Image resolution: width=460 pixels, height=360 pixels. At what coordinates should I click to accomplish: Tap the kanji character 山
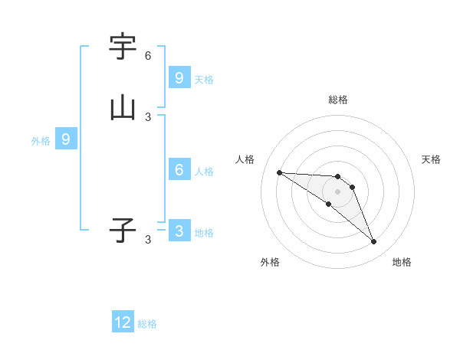(123, 107)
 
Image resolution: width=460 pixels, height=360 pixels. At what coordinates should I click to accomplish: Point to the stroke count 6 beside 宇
(148, 56)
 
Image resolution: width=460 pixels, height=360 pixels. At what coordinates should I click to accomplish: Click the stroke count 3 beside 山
(148, 117)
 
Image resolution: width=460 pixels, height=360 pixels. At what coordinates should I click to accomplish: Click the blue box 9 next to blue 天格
(179, 78)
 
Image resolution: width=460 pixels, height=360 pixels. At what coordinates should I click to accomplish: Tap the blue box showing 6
(179, 170)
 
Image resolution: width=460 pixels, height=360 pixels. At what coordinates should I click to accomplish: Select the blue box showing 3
(179, 231)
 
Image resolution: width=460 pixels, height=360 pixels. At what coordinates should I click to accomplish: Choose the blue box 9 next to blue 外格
(66, 139)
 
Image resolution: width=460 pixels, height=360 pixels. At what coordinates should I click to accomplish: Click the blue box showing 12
(123, 322)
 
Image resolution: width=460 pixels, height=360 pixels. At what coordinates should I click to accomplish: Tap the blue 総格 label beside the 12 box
(147, 324)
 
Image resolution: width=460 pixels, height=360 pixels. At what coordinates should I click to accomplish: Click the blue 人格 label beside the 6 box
(204, 171)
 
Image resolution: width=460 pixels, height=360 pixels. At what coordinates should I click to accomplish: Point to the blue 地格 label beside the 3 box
(204, 233)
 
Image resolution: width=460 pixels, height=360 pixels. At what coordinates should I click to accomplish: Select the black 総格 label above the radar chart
(338, 100)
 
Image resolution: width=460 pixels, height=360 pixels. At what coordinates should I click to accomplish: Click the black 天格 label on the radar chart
(431, 159)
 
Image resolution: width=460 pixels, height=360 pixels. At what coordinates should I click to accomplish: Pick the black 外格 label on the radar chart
(270, 262)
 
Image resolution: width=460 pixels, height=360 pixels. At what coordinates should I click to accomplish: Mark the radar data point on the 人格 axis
(279, 172)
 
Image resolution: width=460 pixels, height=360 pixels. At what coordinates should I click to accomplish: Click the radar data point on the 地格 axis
(374, 242)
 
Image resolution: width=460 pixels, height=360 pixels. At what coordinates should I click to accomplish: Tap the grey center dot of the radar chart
(337, 191)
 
